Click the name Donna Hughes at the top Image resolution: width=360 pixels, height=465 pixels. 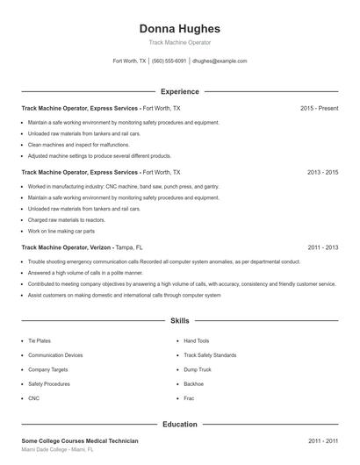tap(180, 29)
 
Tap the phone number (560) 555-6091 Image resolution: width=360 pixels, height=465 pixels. tap(169, 61)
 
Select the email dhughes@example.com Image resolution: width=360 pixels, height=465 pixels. tap(220, 61)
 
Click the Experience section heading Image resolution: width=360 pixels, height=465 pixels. tap(180, 91)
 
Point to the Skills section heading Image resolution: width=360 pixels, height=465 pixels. tap(180, 321)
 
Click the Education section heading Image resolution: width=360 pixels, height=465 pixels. tap(180, 425)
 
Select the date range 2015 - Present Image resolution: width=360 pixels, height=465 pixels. tap(319, 108)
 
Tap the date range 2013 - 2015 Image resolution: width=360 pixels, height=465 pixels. tap(322, 173)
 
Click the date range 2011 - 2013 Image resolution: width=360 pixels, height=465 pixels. tap(322, 247)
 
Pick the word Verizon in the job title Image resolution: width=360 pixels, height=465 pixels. tap(99, 247)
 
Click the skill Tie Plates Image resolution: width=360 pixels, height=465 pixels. tap(40, 340)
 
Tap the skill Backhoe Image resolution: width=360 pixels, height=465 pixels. tap(193, 383)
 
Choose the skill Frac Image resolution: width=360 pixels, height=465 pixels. tap(188, 398)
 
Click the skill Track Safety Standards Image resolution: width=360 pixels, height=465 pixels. tap(210, 355)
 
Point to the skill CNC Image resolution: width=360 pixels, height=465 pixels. tap(34, 398)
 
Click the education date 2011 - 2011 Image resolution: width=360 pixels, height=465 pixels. tap(322, 440)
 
